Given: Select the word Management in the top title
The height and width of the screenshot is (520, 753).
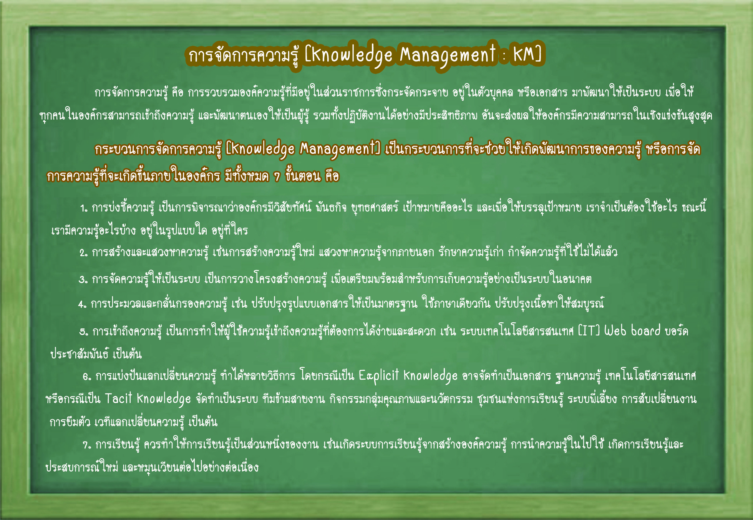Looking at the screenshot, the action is [x=448, y=55].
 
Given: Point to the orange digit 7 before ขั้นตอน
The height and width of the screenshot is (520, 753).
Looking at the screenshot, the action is [x=277, y=177].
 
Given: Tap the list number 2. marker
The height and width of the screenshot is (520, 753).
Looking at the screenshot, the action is [x=84, y=253].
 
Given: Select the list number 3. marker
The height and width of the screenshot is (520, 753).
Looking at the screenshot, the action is [x=83, y=279].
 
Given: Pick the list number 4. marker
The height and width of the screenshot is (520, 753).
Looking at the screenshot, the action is [x=82, y=305].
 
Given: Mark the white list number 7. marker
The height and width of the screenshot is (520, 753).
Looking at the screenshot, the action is [x=87, y=445].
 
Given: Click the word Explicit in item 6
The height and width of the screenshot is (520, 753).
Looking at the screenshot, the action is [x=379, y=375].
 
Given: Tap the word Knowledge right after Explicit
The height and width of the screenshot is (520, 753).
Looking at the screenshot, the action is [x=430, y=376].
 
